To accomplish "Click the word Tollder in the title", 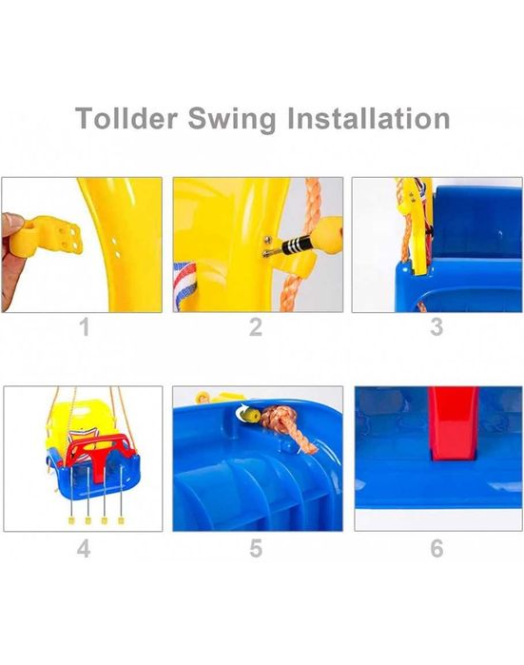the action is [x=126, y=118].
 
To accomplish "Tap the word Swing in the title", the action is [x=232, y=120].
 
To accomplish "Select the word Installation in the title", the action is [x=368, y=118].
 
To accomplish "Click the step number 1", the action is [x=86, y=327].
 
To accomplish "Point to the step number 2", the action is [x=256, y=327].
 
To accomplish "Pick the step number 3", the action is [x=437, y=327].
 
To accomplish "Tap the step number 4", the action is [x=84, y=548].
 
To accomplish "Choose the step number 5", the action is [x=256, y=548].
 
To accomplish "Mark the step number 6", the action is [x=437, y=548].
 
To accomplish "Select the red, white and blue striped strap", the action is [x=184, y=285].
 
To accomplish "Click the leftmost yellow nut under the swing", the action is [x=71, y=520].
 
